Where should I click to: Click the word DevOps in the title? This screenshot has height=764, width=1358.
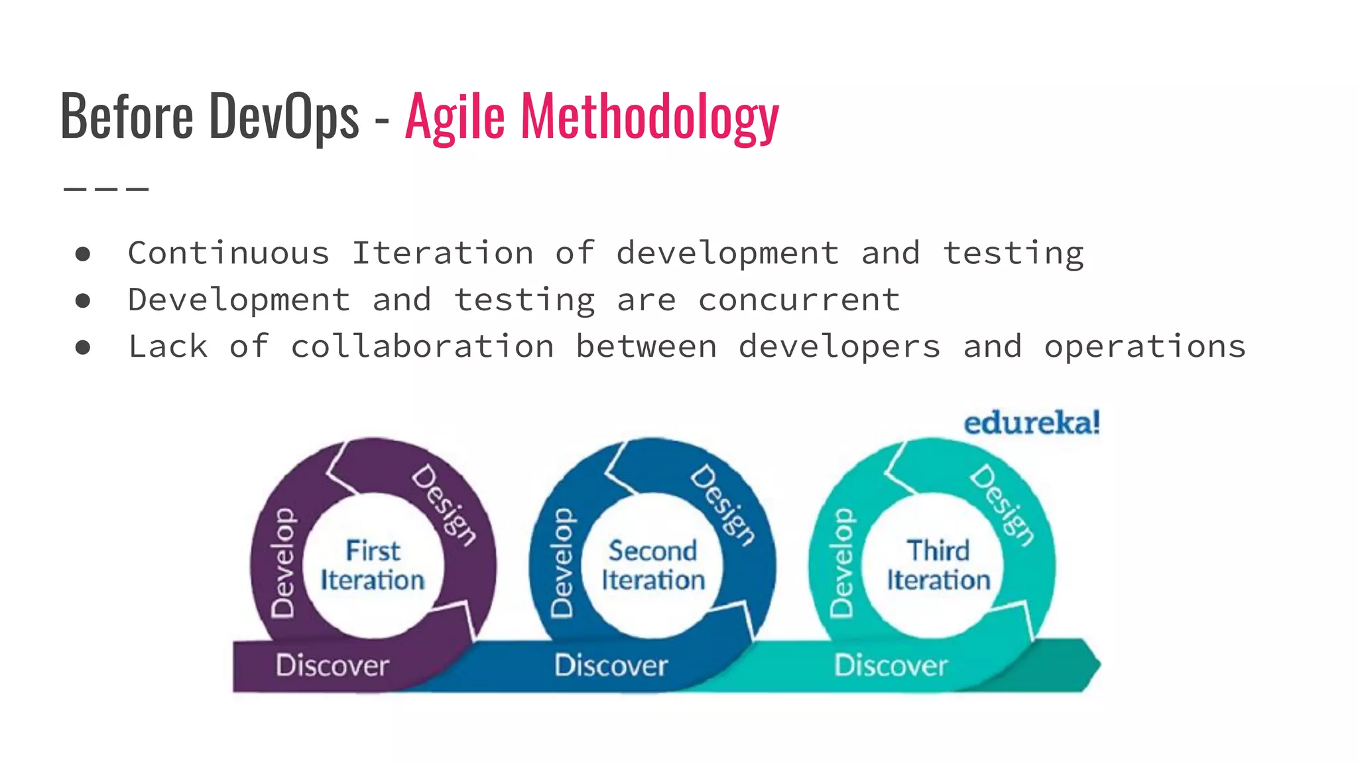pos(284,116)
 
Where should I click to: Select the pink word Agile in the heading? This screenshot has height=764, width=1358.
pos(455,116)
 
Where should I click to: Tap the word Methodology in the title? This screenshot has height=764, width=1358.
pos(650,116)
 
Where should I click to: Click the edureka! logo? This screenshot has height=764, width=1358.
pos(1032,422)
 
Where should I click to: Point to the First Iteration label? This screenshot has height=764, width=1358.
pos(373,566)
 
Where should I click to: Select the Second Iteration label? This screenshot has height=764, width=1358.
pos(653,566)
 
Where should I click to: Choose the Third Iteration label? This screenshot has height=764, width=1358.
pos(938,566)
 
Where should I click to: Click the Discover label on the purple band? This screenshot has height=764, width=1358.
pos(332,665)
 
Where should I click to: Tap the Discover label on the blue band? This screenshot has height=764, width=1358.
pos(611,665)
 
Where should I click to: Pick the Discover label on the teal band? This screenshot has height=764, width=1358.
pos(891,665)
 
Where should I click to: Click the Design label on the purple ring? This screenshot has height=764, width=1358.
pos(443,505)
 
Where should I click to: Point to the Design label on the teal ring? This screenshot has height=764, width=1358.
pos(1001,505)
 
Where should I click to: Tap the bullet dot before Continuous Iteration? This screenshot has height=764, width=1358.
pos(83,254)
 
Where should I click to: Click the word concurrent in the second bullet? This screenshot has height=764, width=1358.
pos(799,300)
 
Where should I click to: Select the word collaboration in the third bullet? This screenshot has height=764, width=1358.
pos(422,347)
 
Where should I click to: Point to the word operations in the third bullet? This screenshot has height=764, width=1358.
pos(1145,347)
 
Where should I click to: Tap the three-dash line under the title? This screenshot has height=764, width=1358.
pos(106,189)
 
